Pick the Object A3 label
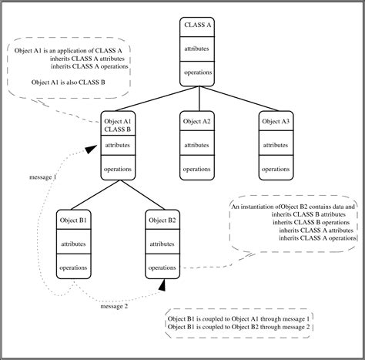pos(276,121)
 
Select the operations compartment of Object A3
pos(276,169)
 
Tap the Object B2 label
pos(162,220)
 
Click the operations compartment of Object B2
pos(162,268)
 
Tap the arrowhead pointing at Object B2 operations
pos(162,285)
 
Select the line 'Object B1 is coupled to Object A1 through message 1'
pos(238,318)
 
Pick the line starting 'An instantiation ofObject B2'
pos(293,207)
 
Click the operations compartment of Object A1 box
pos(118,169)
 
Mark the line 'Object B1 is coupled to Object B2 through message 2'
pos(238,328)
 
